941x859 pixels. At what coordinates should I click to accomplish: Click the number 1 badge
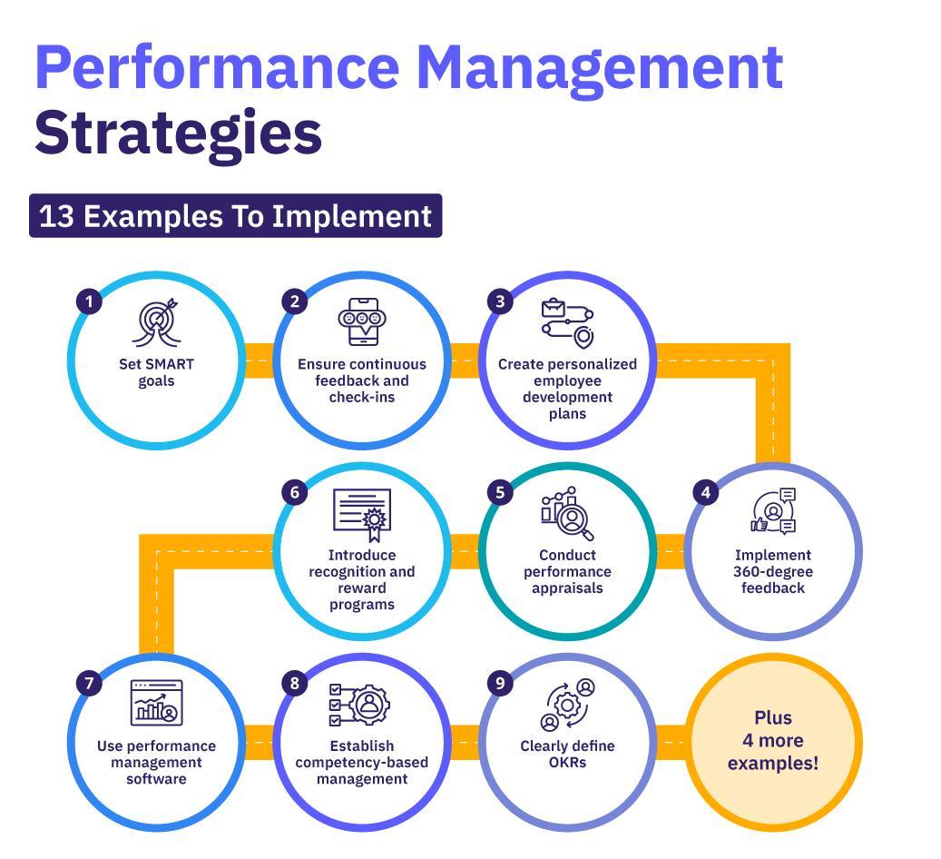point(89,301)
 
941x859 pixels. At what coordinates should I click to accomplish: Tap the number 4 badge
point(705,492)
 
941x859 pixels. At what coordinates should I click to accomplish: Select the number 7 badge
point(89,684)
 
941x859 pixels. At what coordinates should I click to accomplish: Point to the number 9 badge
point(500,684)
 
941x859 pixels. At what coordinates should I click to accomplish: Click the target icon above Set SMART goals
point(156,323)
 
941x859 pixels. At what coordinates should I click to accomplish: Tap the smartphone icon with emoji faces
point(361,321)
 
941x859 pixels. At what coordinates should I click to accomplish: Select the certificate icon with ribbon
point(362,514)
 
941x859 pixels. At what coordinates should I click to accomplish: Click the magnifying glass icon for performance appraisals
point(568,514)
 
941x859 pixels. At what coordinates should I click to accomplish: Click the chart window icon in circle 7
point(156,703)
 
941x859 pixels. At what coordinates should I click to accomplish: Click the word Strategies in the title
point(179,132)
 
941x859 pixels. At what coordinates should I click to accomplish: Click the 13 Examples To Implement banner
point(235,216)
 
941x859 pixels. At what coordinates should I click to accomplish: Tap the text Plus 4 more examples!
point(772,740)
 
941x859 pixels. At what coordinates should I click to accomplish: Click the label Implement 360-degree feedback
point(772,571)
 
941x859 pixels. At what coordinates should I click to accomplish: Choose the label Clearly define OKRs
point(567,754)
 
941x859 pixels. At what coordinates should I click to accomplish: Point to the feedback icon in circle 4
point(774,512)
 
